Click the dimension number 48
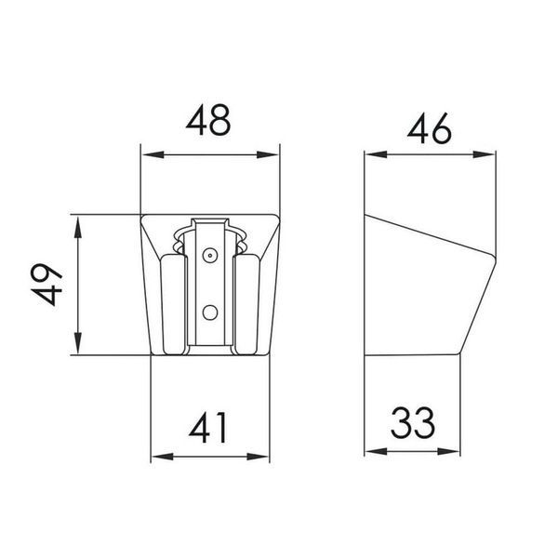coord(208,120)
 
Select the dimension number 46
coord(430,128)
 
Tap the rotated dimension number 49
coord(46,285)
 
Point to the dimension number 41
coord(208,428)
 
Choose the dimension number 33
coord(413,423)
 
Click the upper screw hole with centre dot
coord(210,255)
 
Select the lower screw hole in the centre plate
coord(210,312)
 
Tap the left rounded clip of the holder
coord(173,305)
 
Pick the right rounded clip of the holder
coord(247,305)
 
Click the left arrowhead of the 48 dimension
coord(153,154)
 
